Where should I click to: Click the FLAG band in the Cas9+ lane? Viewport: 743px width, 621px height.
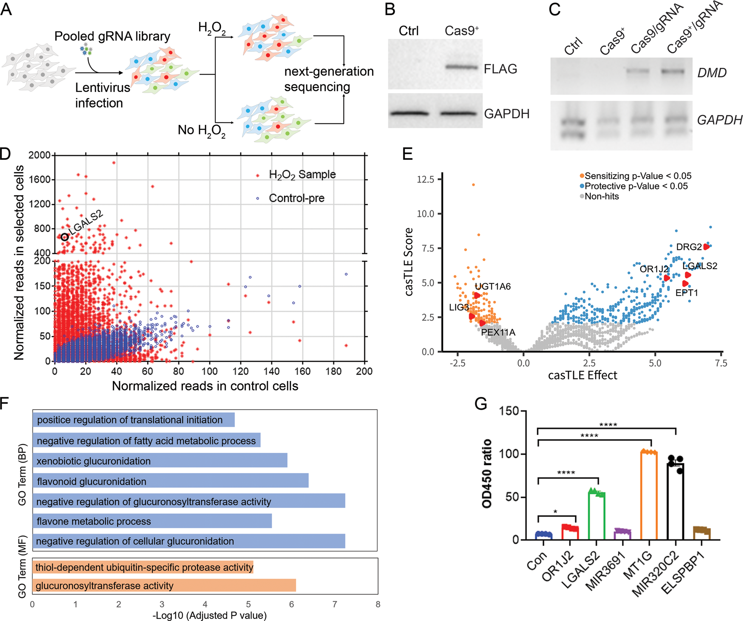click(461, 68)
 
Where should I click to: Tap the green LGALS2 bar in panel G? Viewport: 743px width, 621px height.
click(597, 515)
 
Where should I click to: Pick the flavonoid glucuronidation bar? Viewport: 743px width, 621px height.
click(170, 481)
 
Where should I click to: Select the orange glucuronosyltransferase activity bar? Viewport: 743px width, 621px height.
click(164, 586)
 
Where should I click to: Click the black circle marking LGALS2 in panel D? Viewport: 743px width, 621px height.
click(65, 237)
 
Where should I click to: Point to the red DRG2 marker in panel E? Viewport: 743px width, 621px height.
click(706, 247)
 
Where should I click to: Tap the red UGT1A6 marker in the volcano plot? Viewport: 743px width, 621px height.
click(477, 295)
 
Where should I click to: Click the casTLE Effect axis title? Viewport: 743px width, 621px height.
click(582, 376)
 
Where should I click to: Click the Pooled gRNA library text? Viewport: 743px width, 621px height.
click(112, 36)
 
